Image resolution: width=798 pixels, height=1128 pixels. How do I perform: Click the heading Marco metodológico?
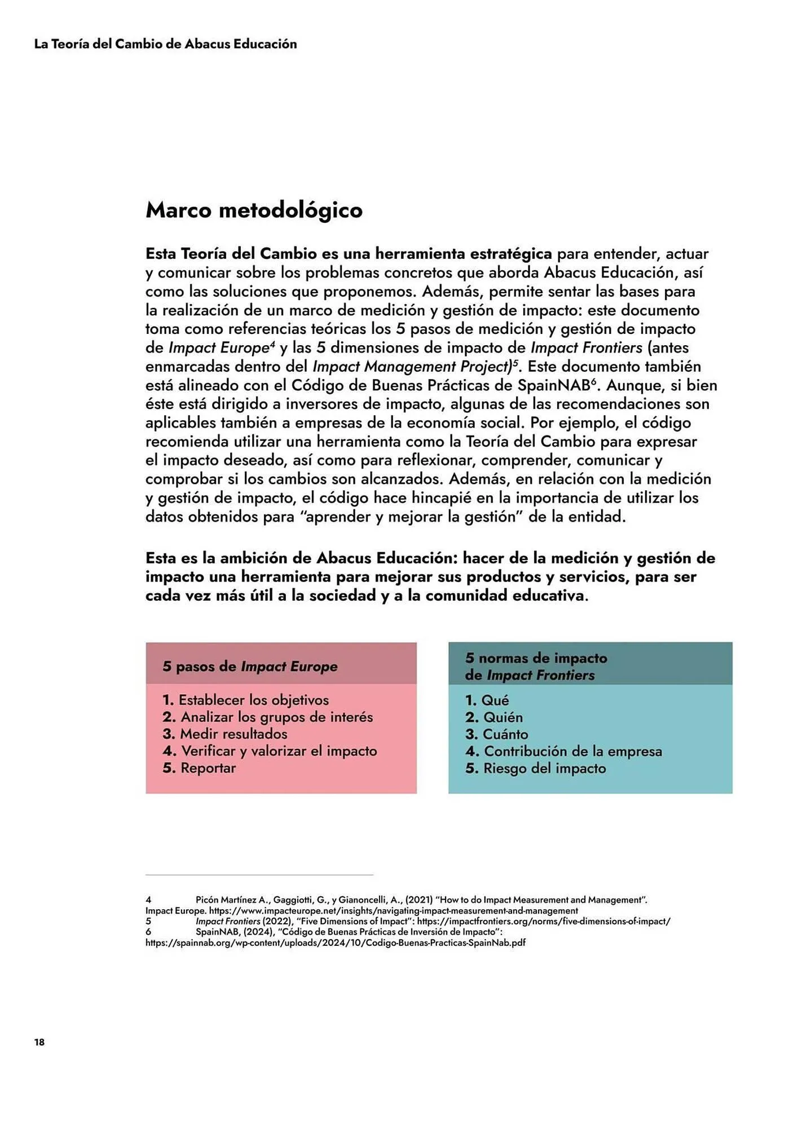pos(254,210)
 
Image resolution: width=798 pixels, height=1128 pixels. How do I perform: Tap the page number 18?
pos(39,1042)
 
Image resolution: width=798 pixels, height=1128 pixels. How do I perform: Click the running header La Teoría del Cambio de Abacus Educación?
pos(165,44)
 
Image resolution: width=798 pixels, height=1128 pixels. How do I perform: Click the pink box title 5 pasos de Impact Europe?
pos(250,666)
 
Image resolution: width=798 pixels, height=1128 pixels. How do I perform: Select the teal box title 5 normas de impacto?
pos(536,658)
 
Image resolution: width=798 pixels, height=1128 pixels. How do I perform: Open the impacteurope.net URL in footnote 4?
pos(393,910)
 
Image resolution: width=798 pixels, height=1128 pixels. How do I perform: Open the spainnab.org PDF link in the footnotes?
pos(335,942)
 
